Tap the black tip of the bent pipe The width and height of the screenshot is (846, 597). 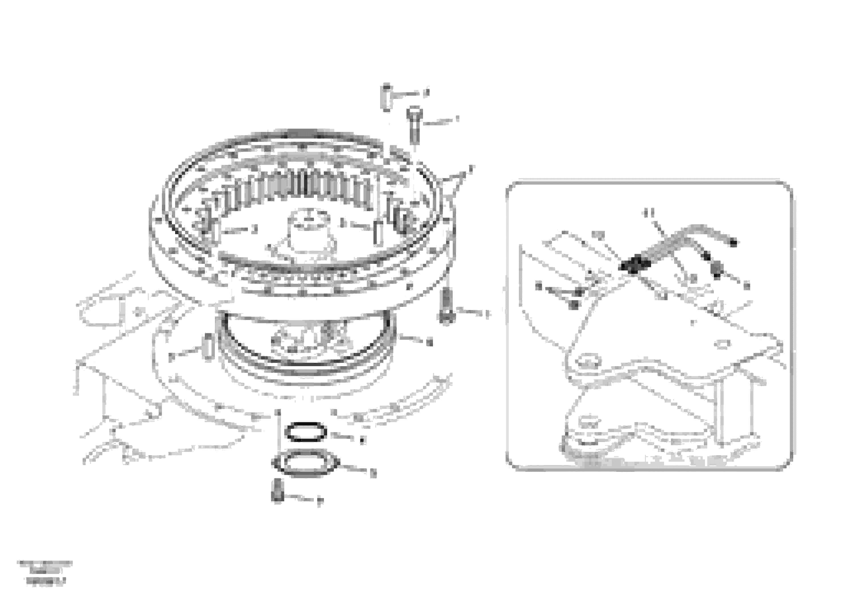point(733,243)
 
